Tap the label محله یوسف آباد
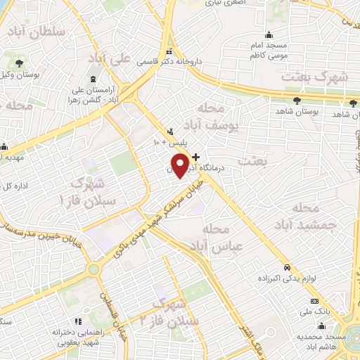point(211,117)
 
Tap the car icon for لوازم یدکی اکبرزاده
point(288,268)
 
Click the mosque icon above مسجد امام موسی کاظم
point(267,36)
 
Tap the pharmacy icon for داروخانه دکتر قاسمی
point(169,53)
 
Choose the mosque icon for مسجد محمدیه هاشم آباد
point(322,326)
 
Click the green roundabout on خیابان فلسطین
point(93,269)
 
